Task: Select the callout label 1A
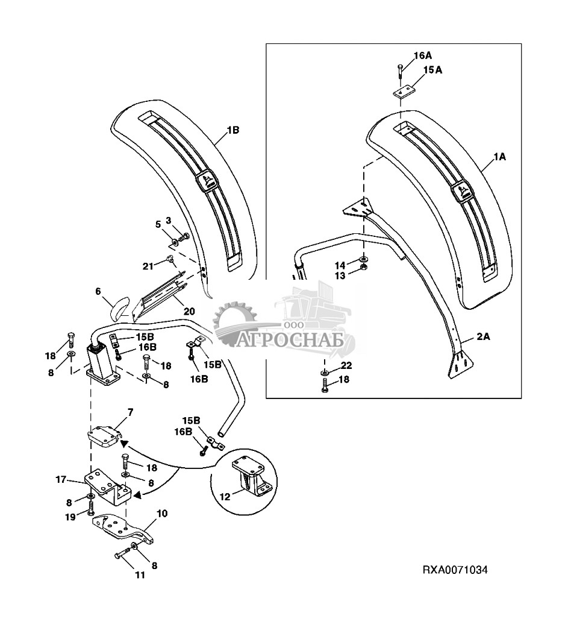pos(499,156)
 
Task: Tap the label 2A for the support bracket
pos(484,338)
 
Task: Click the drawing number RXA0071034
pos(454,569)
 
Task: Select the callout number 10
pos(162,514)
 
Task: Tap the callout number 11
pos(140,575)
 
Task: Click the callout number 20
pos(189,312)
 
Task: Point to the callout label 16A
pos(422,55)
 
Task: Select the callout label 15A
pos(432,71)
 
